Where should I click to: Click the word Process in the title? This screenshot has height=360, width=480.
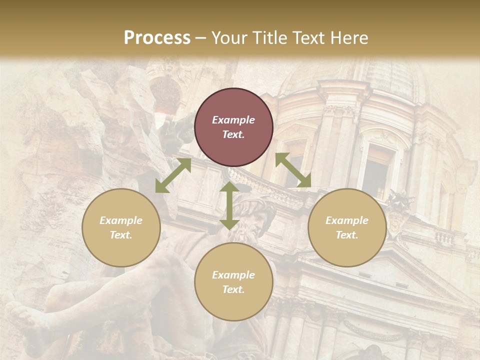(x=157, y=37)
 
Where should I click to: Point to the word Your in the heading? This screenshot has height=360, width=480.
(x=229, y=37)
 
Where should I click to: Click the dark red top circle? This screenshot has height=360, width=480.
(x=233, y=127)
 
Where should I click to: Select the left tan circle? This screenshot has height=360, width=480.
(x=121, y=227)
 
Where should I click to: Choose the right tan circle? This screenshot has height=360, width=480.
(x=347, y=227)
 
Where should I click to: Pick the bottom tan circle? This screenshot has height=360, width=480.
(x=233, y=281)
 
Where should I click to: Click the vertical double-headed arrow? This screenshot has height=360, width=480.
(x=229, y=205)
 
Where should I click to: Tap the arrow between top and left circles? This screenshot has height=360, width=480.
(x=173, y=175)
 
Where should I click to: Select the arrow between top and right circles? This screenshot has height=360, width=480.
(x=293, y=170)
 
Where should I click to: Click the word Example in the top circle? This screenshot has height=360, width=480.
(x=233, y=120)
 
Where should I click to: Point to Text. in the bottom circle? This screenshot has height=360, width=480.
(x=233, y=289)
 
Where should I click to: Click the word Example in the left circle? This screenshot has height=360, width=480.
(x=121, y=220)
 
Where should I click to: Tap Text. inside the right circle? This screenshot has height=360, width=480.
(x=347, y=235)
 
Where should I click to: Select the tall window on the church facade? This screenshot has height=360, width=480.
(x=377, y=170)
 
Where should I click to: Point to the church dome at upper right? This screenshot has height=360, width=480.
(x=395, y=75)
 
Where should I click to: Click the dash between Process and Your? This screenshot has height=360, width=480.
(x=201, y=38)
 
